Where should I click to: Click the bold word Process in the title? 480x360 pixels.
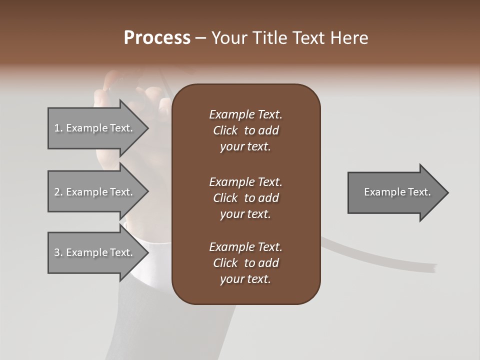[x=157, y=38]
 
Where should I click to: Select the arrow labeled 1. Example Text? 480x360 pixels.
[x=95, y=128]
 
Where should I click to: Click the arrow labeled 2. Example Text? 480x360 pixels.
[x=95, y=192]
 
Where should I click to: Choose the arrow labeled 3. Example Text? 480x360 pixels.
[x=95, y=252]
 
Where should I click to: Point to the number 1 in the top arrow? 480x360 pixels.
[x=57, y=128]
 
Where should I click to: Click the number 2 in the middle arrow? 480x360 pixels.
[x=57, y=192]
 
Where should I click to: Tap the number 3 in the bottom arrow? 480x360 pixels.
[x=57, y=252]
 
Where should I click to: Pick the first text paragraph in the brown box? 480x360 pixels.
[x=245, y=130]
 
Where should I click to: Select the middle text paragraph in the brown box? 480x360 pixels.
[x=245, y=198]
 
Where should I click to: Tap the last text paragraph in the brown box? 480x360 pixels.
[x=245, y=263]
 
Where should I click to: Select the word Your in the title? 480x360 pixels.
[x=229, y=38]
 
